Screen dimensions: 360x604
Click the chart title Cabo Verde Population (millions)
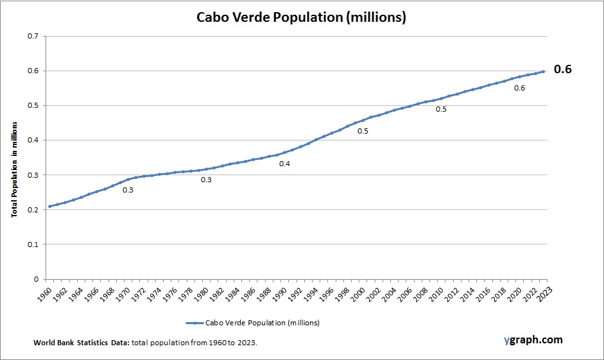tap(301, 17)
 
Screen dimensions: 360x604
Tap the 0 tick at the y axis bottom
tap(36, 279)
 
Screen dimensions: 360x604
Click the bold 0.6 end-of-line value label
tap(562, 69)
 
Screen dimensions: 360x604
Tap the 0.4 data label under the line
tap(284, 164)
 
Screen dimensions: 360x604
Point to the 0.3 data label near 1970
tap(128, 190)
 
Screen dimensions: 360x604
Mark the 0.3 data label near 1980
tap(206, 180)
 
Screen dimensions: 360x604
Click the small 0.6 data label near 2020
tap(519, 88)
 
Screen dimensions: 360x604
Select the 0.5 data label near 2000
tap(363, 131)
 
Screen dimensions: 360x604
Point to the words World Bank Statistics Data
tap(82, 343)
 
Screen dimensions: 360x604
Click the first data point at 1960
tap(49, 206)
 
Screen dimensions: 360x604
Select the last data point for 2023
tap(544, 71)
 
